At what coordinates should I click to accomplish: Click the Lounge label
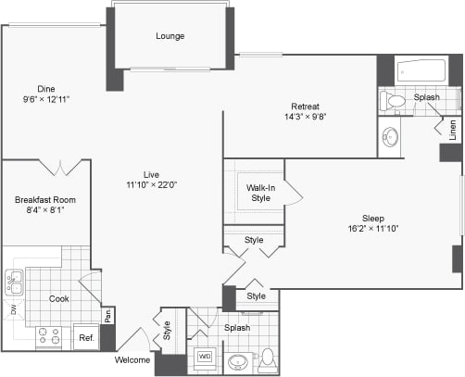(x=170, y=36)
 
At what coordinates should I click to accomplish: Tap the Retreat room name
(x=305, y=105)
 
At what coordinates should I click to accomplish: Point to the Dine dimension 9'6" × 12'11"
(x=46, y=98)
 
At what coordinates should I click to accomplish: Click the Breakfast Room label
(x=44, y=199)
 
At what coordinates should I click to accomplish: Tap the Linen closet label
(x=453, y=131)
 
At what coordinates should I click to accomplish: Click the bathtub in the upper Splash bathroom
(x=421, y=71)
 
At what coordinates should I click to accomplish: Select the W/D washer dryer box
(x=205, y=356)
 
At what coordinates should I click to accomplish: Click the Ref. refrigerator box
(x=85, y=338)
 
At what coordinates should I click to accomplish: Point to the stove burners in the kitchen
(x=49, y=337)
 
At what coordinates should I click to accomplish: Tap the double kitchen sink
(x=14, y=282)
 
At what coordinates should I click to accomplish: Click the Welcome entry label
(x=132, y=359)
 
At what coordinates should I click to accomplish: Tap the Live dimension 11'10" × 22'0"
(x=152, y=184)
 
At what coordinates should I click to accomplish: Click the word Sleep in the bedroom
(x=372, y=218)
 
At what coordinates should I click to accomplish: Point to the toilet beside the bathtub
(x=396, y=100)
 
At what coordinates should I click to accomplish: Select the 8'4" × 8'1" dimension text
(x=44, y=210)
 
